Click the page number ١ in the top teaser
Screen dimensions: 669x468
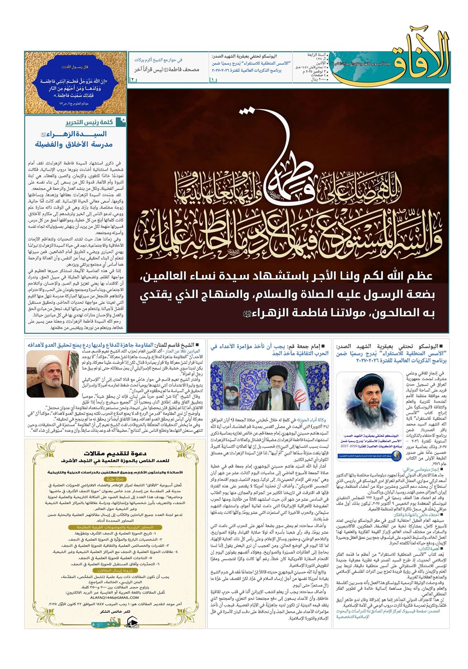point(213,80)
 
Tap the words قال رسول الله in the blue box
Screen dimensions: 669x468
point(75,67)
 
